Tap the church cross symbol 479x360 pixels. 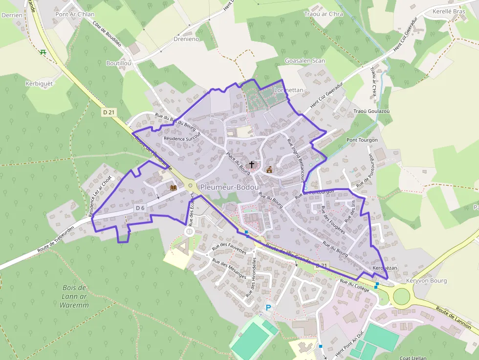click(x=252, y=165)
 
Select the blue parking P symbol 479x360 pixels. click(x=268, y=307)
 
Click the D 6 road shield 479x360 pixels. click(x=140, y=208)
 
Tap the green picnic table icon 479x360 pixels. click(x=43, y=52)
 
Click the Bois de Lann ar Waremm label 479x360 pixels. click(x=74, y=296)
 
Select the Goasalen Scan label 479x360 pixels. click(x=305, y=61)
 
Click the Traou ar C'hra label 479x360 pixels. click(x=324, y=14)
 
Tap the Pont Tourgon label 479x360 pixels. click(x=362, y=140)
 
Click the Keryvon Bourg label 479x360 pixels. click(x=426, y=281)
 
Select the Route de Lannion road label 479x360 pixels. click(x=454, y=318)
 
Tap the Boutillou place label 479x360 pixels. click(x=119, y=64)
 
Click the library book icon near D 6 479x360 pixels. click(x=173, y=188)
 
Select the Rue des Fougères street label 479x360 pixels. click(x=333, y=220)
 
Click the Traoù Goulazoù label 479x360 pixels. click(x=371, y=111)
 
